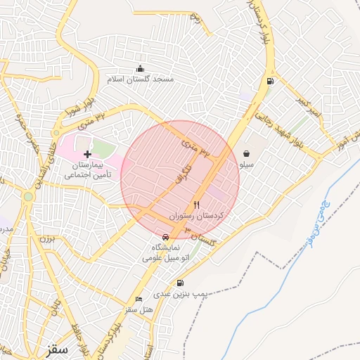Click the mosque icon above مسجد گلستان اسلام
(140, 68)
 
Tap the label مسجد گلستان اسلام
(140, 80)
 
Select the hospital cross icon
(87, 154)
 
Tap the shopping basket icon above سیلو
(247, 153)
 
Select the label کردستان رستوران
(197, 216)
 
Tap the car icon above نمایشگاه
(165, 237)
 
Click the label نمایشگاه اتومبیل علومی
(167, 253)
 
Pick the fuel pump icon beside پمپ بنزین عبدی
(181, 283)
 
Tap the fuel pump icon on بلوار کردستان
(269, 82)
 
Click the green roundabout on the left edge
(27, 197)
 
